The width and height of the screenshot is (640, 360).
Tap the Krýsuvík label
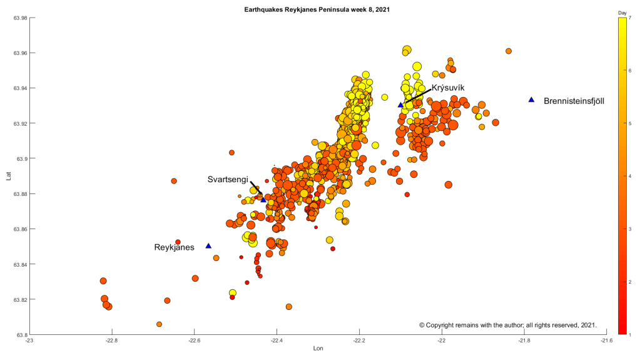pos(448,88)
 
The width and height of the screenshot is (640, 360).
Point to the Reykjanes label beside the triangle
pos(174,247)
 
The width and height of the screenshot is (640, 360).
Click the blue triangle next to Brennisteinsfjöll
pos(531,100)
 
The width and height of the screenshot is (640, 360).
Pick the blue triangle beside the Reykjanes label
pos(208,246)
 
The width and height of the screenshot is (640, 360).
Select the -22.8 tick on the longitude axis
pos(111,341)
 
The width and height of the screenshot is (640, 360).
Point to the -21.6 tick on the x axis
pos(607,341)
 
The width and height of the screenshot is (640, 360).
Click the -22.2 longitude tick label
pos(358,341)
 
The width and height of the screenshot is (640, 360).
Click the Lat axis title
pos(8,177)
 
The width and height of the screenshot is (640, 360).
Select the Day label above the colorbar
pos(622,13)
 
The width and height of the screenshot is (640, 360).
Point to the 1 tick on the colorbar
pos(630,334)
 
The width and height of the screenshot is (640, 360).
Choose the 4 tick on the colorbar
pos(630,177)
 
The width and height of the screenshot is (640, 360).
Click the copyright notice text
pos(508,325)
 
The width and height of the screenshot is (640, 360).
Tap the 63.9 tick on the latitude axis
pos(21,159)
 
